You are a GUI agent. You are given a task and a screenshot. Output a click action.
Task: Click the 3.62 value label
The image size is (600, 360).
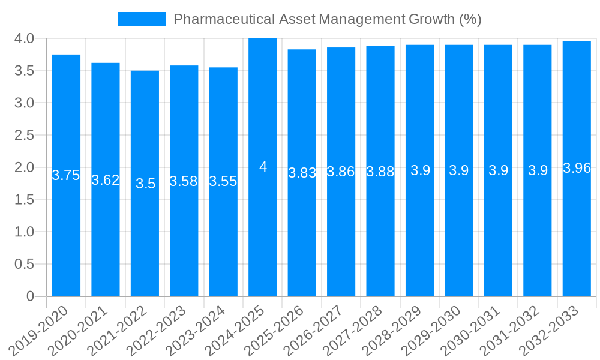[106, 180]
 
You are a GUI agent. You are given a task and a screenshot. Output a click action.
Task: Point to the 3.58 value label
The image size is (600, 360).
[184, 181]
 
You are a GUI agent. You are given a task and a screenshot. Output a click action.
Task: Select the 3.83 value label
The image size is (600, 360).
[302, 173]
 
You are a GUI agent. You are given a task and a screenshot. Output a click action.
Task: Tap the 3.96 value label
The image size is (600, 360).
[577, 168]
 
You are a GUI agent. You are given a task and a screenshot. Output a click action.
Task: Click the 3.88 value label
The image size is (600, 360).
[380, 172]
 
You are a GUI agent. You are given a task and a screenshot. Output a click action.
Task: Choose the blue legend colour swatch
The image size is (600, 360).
[142, 19]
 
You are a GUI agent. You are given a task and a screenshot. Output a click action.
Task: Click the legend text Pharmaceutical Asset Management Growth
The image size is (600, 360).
[327, 19]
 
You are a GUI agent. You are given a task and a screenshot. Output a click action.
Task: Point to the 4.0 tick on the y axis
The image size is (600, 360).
[24, 39]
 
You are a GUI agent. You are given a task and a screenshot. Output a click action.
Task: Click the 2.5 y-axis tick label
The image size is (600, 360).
[24, 136]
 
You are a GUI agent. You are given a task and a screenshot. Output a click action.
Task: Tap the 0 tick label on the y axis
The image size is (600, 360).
[30, 296]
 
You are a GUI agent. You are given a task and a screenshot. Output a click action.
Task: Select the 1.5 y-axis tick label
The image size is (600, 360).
[24, 200]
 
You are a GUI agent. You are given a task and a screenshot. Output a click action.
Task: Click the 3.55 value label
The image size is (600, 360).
[223, 182]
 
